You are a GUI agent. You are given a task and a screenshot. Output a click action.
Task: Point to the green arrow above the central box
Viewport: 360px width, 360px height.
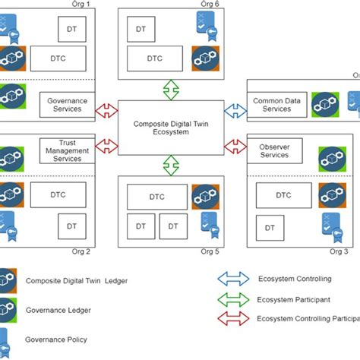(172, 89)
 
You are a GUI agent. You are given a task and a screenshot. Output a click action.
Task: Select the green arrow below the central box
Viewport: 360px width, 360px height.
(172, 164)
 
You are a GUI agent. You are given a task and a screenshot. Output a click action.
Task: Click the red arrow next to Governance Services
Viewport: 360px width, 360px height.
(106, 112)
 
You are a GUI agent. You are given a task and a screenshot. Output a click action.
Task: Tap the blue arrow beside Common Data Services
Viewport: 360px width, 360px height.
(236, 112)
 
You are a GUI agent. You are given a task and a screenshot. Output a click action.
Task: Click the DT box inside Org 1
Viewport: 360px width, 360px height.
(72, 29)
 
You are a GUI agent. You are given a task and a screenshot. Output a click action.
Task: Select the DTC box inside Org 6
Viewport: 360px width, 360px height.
(154, 58)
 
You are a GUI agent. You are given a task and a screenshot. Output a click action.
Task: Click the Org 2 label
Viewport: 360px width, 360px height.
(82, 251)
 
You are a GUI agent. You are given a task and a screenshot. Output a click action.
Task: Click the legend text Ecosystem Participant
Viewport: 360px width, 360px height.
(294, 299)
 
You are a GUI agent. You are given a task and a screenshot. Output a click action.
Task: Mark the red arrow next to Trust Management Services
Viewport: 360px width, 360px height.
(106, 143)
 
